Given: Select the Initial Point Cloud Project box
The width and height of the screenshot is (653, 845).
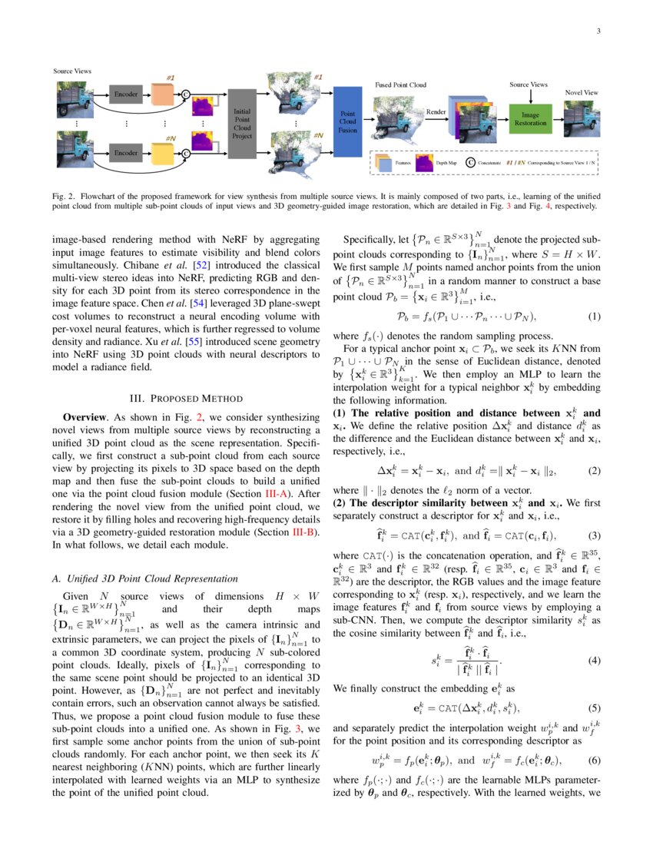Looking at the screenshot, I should [x=242, y=123].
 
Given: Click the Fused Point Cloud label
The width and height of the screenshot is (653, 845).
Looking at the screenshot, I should [x=400, y=84].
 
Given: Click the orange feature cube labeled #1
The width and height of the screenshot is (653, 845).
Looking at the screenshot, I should [x=163, y=94].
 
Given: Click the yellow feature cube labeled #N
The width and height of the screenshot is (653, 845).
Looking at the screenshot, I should [x=163, y=151].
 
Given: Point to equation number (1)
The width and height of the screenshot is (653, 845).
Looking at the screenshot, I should [x=594, y=316].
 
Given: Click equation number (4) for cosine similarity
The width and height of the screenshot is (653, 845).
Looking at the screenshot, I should [x=594, y=660].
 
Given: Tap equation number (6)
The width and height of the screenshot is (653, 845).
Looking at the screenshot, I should [x=594, y=761].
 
